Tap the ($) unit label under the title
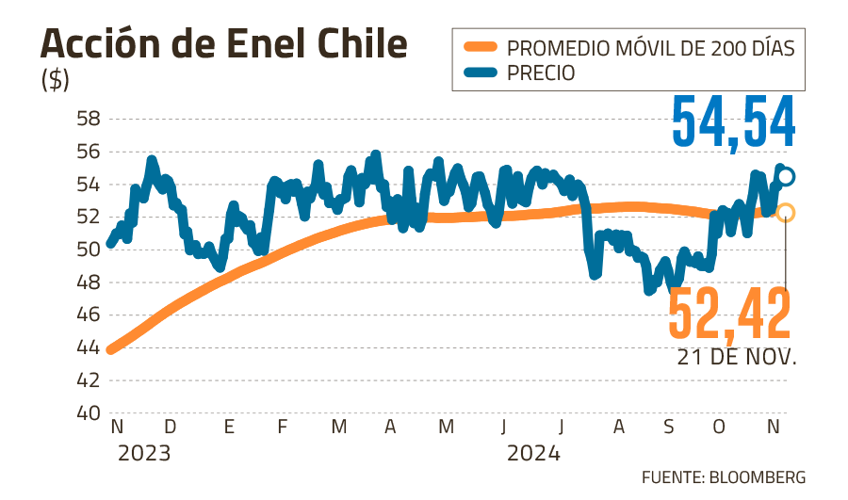(56, 80)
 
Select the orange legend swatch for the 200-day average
(480, 46)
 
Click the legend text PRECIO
(541, 73)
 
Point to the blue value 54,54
(733, 123)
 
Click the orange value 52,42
(728, 315)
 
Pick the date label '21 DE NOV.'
(736, 359)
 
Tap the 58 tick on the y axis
(89, 120)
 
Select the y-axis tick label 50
(89, 250)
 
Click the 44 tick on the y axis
(89, 347)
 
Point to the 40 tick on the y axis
(89, 413)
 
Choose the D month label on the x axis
(170, 427)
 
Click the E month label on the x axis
(229, 427)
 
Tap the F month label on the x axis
(282, 427)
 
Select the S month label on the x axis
(669, 427)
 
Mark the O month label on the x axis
(720, 427)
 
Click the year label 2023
(144, 454)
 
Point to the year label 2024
(534, 454)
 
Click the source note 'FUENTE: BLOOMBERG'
(724, 476)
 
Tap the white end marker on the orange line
(786, 213)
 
